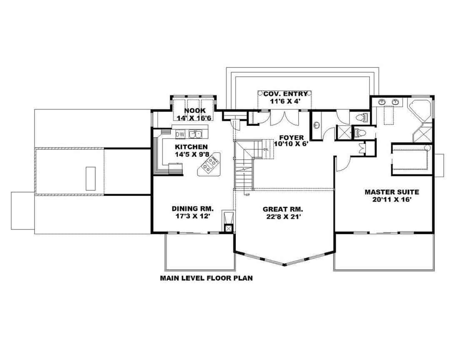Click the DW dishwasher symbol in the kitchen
180,134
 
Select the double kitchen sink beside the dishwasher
195,134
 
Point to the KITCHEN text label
191,147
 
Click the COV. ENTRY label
285,94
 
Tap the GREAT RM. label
282,209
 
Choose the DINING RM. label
192,208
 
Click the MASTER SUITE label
392,192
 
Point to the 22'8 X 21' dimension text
282,217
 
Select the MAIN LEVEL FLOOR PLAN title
206,278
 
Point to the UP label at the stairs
247,195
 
